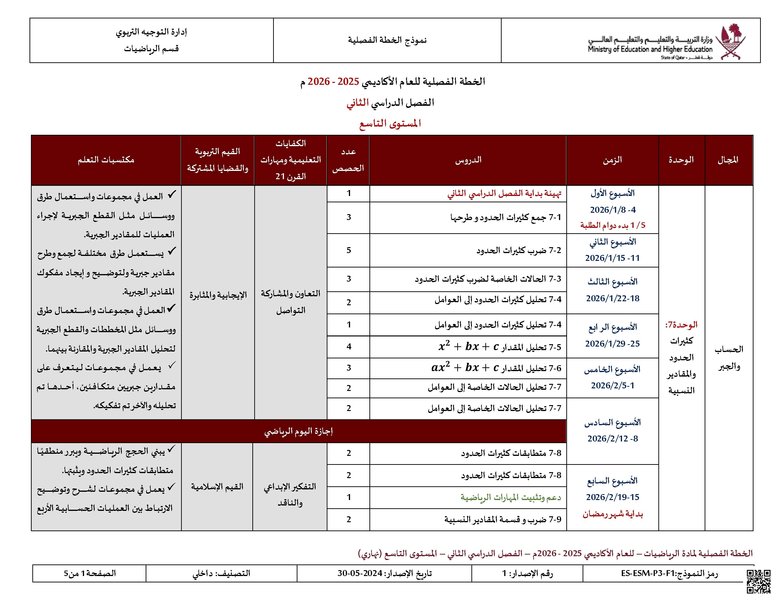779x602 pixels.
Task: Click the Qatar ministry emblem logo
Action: click(x=731, y=41)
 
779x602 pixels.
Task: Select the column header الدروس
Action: click(x=468, y=160)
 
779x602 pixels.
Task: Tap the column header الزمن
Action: click(x=612, y=160)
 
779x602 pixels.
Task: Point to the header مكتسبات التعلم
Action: click(x=106, y=160)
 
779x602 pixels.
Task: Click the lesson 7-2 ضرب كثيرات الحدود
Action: click(x=519, y=250)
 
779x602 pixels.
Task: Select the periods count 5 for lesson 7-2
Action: click(x=348, y=250)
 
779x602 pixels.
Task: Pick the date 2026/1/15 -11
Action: click(x=612, y=258)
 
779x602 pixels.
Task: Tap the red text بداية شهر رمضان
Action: click(x=612, y=514)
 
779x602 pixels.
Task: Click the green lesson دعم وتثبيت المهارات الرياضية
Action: click(x=511, y=497)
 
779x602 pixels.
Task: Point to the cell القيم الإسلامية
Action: click(x=217, y=487)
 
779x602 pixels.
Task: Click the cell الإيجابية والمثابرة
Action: click(x=218, y=295)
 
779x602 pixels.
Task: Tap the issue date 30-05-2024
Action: click(x=360, y=573)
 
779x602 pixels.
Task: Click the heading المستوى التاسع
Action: click(x=390, y=124)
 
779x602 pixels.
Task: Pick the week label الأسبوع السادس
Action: click(x=612, y=423)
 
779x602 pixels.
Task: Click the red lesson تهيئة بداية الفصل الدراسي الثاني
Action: click(x=504, y=193)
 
